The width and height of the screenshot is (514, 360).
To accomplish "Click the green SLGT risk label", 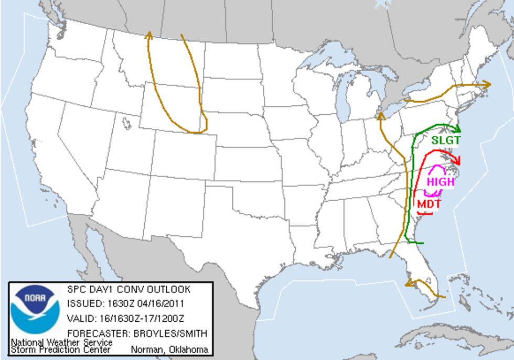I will (x=446, y=140).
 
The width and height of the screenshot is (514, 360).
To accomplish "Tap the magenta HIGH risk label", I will (x=440, y=182).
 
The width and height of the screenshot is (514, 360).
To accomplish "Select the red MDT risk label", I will (x=429, y=204).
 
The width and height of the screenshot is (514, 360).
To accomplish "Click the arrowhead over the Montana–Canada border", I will (x=149, y=35).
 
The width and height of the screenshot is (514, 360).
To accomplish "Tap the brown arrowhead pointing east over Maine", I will (x=487, y=84).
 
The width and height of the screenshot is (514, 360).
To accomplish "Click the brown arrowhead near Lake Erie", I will (x=381, y=115).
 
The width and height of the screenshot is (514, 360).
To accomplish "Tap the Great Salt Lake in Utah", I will (x=126, y=123).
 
